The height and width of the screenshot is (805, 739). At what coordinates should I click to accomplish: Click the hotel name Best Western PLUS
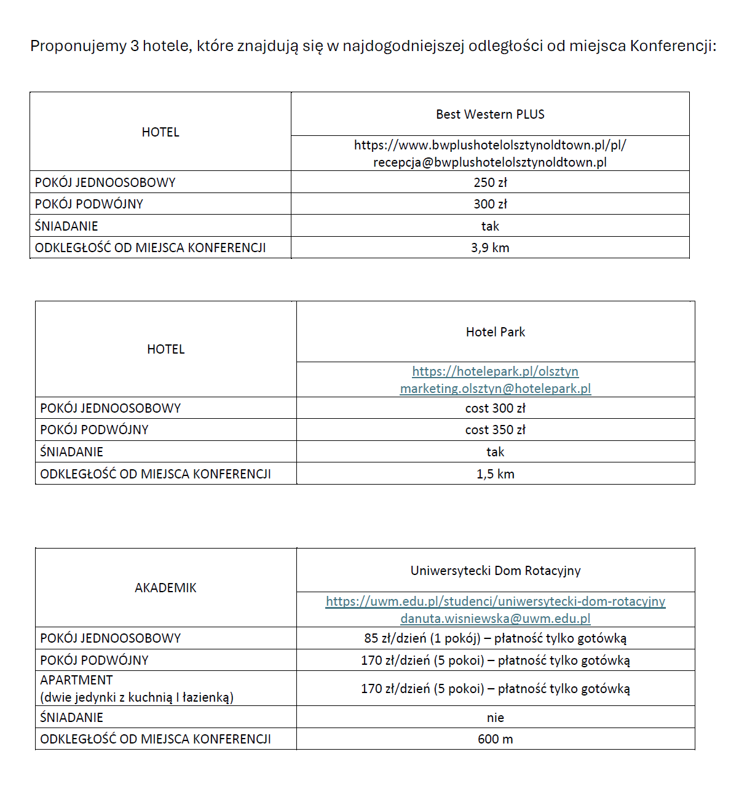(x=490, y=114)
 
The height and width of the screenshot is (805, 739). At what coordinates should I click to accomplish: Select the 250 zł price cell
(x=490, y=183)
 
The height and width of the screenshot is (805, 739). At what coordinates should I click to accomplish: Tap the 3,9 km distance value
(x=490, y=248)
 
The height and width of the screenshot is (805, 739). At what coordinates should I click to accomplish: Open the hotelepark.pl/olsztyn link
(x=495, y=371)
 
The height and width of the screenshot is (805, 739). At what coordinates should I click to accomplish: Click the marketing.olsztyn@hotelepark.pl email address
(x=495, y=389)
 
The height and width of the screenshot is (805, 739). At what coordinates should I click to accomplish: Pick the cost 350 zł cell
(x=495, y=430)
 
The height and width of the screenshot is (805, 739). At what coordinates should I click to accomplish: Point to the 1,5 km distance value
(x=495, y=474)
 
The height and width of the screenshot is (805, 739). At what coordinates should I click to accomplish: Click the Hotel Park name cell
(x=495, y=332)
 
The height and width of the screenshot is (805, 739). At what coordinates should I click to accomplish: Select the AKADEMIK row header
(x=165, y=588)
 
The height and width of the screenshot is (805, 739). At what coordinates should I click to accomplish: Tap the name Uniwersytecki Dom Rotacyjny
(x=495, y=571)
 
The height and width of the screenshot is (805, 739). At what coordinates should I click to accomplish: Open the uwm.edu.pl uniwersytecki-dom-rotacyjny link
(x=495, y=601)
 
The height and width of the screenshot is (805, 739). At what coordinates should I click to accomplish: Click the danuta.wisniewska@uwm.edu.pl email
(x=495, y=619)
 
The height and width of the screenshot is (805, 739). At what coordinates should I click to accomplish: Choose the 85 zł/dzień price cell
(x=495, y=638)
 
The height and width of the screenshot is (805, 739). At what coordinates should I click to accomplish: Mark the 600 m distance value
(x=495, y=739)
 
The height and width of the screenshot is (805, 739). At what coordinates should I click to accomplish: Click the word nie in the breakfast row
(x=495, y=718)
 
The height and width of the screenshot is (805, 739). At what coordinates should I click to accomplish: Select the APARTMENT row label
(x=76, y=680)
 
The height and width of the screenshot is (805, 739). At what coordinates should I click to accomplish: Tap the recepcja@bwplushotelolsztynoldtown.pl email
(x=490, y=162)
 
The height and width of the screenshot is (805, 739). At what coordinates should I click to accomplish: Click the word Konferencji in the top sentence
(x=673, y=46)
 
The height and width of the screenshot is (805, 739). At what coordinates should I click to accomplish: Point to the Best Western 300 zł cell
(x=490, y=204)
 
